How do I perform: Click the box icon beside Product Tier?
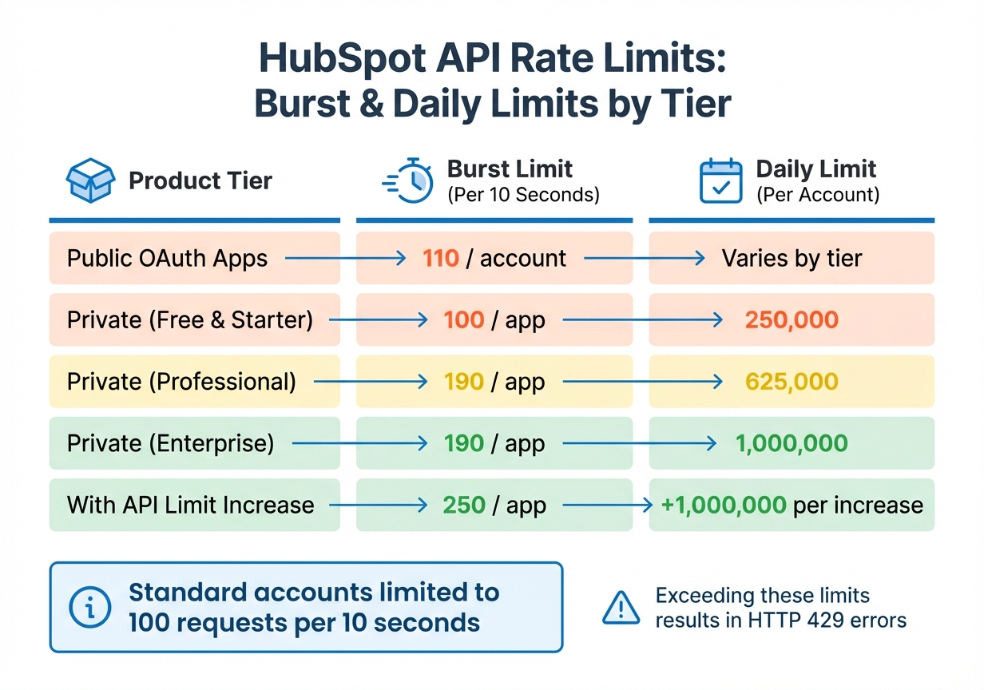(89, 180)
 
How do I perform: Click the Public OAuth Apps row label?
(167, 259)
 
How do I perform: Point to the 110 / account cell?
(494, 259)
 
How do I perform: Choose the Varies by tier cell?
(792, 259)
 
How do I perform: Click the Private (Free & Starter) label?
(190, 320)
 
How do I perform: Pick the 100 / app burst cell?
(494, 320)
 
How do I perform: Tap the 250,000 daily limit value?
(792, 320)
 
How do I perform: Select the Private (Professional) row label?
(181, 382)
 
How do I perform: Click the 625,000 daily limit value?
(792, 382)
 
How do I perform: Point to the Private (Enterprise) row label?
(170, 443)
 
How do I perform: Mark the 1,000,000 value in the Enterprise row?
(792, 443)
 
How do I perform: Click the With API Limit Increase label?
(190, 505)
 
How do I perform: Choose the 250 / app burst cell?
(494, 505)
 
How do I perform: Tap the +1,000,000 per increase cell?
(792, 505)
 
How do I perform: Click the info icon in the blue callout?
(90, 608)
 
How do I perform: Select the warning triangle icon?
(621, 608)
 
